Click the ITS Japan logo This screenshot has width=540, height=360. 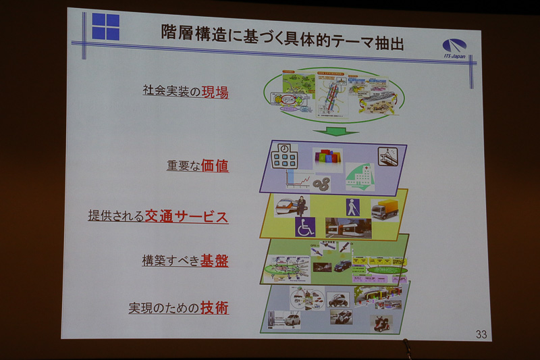454,48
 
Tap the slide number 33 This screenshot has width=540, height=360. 481,334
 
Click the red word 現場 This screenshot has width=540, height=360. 215,92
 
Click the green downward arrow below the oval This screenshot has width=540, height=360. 336,130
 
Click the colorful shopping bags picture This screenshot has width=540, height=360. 327,159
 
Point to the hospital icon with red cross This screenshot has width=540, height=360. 362,177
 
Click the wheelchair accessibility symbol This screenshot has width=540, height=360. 305,228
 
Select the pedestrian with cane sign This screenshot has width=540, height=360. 352,207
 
